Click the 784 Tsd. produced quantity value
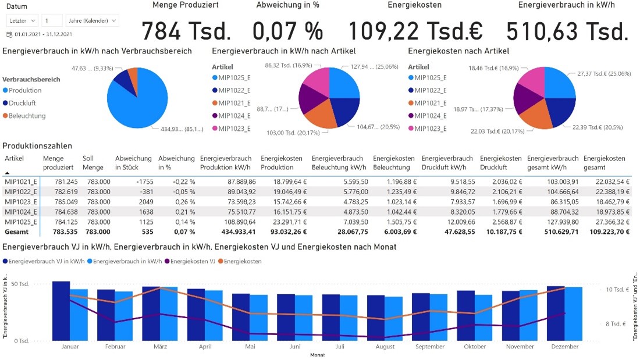click(x=186, y=31)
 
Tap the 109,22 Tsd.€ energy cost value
click(x=415, y=31)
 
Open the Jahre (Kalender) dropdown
click(x=93, y=20)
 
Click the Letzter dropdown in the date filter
click(x=22, y=20)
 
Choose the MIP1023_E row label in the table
click(x=20, y=201)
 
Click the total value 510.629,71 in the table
click(x=553, y=231)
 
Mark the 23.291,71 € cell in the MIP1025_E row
click(x=285, y=222)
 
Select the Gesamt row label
click(x=17, y=231)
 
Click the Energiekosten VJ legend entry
click(x=192, y=261)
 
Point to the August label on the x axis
click(x=385, y=347)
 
